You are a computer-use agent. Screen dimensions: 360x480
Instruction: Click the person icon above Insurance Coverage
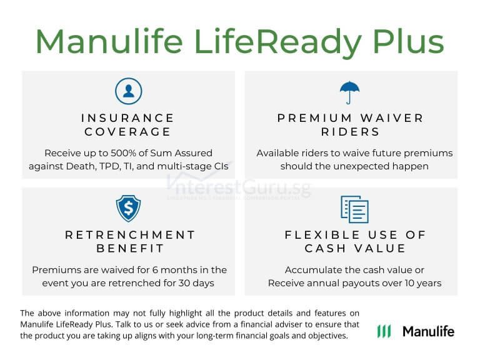[x=128, y=91]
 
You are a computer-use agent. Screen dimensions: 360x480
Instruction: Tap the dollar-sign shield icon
[x=128, y=209]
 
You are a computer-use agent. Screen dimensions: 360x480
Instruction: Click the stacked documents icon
[x=354, y=209]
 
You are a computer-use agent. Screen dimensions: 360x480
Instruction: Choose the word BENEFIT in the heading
[x=130, y=249]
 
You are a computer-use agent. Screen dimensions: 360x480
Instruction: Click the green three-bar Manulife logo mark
[x=384, y=331]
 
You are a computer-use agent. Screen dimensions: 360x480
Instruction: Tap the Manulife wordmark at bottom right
[x=428, y=331]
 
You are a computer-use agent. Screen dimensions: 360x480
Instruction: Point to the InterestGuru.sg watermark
[x=239, y=186]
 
